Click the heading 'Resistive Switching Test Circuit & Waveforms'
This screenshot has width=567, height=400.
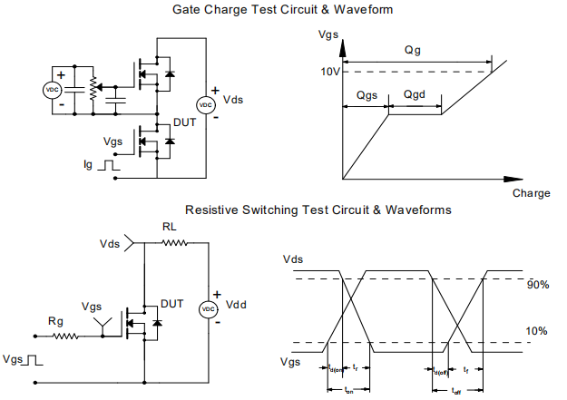coord(318,210)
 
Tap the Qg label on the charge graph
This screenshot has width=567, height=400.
coord(413,52)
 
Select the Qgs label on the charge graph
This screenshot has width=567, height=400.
coord(367,94)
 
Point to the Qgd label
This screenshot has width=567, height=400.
coord(414,94)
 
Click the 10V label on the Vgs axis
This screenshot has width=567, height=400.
coord(329,72)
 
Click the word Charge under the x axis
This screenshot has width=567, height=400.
coord(531,193)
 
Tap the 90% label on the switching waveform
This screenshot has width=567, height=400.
coord(538,285)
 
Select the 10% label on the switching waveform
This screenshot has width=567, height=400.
coord(538,331)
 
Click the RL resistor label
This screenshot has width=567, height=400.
coord(170,227)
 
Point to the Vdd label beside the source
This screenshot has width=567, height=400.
coord(235,304)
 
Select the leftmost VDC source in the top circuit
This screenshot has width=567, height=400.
coord(53,90)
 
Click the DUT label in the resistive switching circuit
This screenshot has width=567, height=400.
coord(171,302)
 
